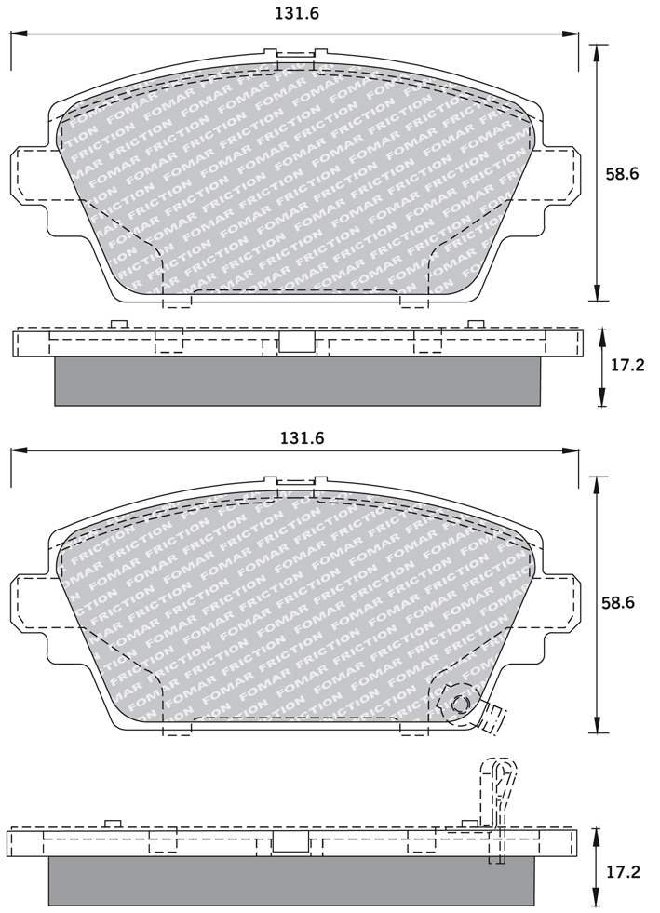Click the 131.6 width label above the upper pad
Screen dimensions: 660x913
[297, 13]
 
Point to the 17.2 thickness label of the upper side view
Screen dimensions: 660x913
[626, 366]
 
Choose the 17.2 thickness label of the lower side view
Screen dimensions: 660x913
[622, 872]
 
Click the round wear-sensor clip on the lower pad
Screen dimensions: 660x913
[459, 705]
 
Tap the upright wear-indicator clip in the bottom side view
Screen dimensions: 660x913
[497, 811]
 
